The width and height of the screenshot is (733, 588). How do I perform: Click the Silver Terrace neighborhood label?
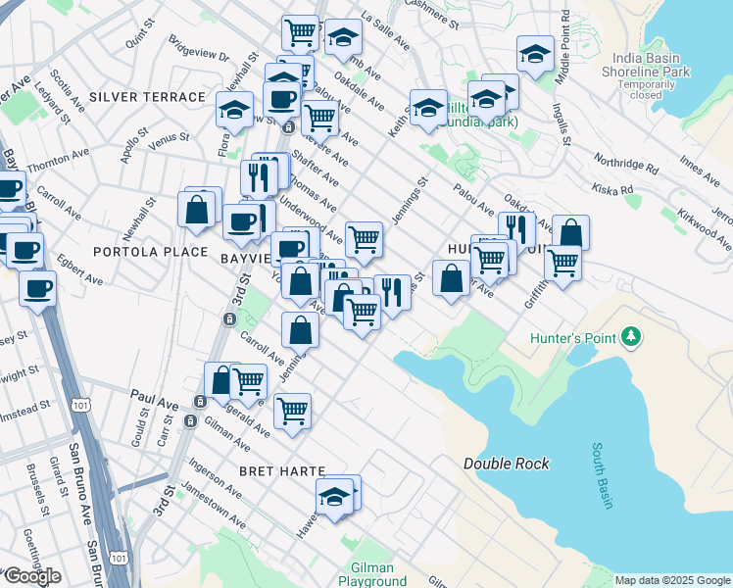[x=146, y=97]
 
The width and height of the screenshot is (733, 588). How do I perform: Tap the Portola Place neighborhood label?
[x=150, y=252]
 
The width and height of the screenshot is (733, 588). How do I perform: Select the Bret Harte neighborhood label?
[x=281, y=470]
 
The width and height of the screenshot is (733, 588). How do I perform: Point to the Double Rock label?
[x=507, y=464]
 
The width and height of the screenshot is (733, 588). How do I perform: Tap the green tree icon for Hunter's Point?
[x=632, y=338]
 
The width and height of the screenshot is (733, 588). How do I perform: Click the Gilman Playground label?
[x=366, y=574]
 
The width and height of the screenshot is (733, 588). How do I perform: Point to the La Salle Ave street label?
[x=385, y=30]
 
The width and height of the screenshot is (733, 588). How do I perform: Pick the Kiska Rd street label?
[x=613, y=190]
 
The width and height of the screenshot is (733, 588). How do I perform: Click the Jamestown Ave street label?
[x=212, y=506]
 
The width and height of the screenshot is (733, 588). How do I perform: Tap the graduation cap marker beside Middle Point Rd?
[x=536, y=55]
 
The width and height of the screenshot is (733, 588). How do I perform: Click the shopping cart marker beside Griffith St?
[x=563, y=263]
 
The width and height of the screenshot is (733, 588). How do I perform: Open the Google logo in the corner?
[x=31, y=576]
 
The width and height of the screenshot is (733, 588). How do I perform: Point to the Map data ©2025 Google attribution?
[x=672, y=580]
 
